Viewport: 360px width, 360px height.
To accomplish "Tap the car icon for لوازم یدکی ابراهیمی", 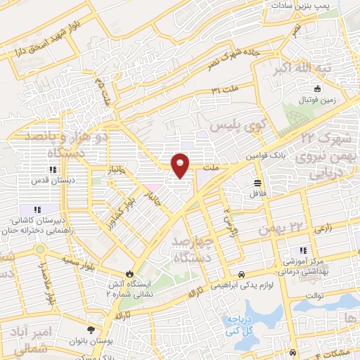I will [x=242, y=274].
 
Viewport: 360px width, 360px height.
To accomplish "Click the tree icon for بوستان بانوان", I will [x=90, y=329].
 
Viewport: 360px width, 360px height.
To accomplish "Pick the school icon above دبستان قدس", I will [x=51, y=169].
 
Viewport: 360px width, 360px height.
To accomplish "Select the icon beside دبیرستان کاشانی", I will [x=36, y=209].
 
